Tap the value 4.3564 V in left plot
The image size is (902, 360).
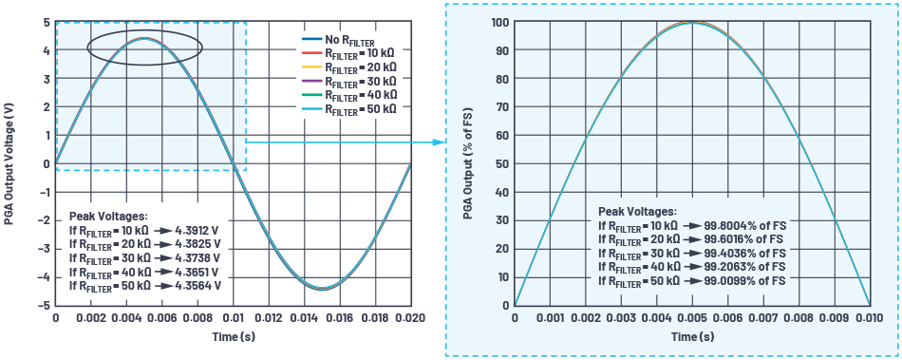tap(197, 284)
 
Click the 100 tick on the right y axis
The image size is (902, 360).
tap(499, 22)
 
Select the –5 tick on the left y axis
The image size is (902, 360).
tap(43, 306)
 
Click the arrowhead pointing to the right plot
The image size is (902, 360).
tap(440, 142)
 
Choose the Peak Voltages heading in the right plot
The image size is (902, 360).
tap(637, 212)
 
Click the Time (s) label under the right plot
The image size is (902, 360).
tap(690, 337)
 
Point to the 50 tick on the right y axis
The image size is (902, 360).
tap(502, 164)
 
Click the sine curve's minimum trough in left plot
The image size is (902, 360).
tap(322, 288)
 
